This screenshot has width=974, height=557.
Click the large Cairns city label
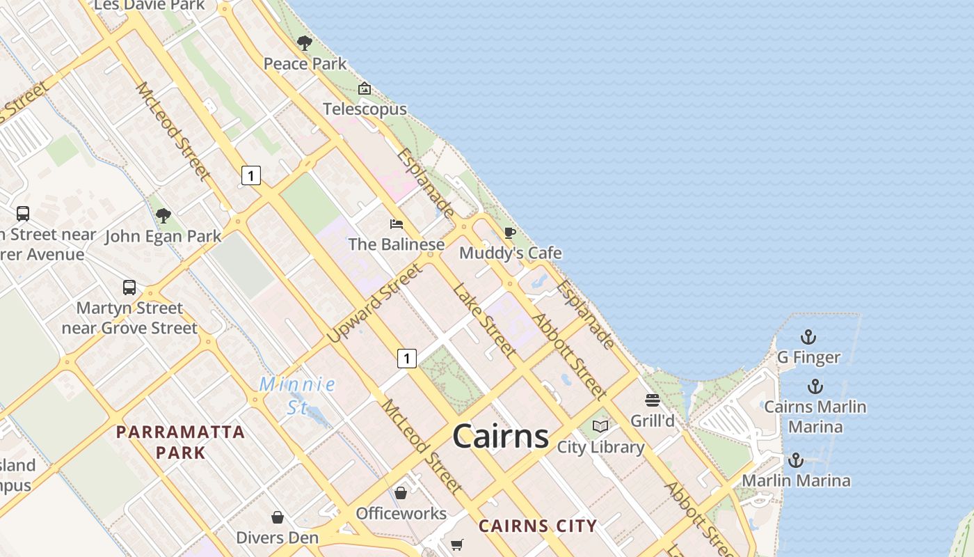500,437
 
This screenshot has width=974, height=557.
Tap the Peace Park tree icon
304,43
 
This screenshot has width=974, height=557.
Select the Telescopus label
365,109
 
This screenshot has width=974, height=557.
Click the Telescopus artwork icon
365,88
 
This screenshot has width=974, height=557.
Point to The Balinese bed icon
397,223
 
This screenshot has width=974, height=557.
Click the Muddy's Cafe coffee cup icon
510,233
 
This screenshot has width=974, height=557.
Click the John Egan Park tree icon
163,216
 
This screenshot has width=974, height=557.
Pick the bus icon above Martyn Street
129,288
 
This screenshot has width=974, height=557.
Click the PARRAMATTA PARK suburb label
181,442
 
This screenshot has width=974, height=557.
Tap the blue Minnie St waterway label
298,395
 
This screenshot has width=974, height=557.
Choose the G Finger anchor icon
808,338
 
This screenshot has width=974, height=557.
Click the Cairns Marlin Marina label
815,416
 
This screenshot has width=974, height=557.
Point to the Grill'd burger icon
652,400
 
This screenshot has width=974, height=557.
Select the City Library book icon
600,426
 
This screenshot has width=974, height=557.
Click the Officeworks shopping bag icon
401,493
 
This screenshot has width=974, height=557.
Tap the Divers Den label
277,538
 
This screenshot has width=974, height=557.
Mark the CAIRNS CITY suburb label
538,526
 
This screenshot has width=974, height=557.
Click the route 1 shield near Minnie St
407,359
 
